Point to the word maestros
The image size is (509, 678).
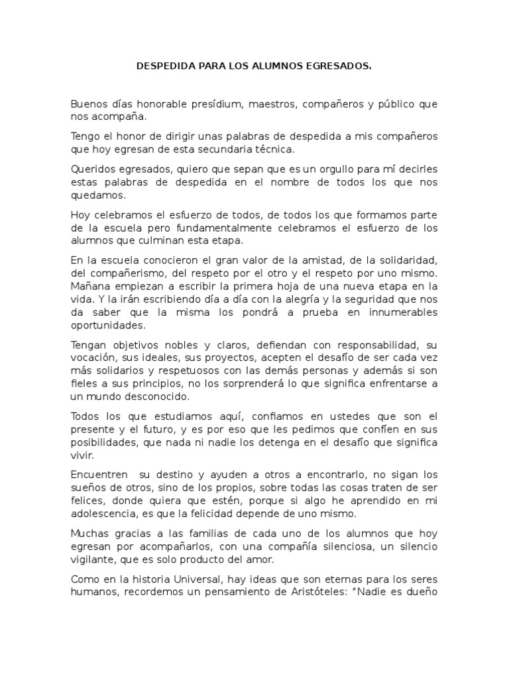coord(271,105)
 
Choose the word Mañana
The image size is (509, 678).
coord(89,285)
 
